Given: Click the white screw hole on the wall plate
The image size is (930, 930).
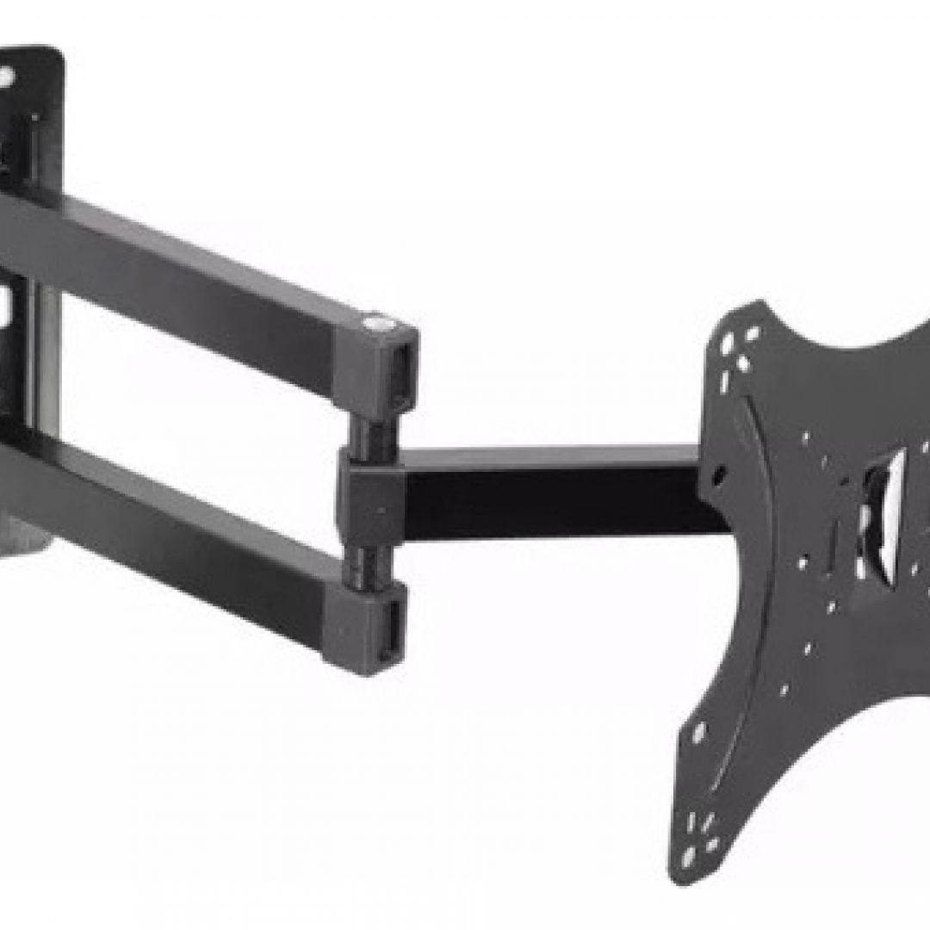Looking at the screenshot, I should pyautogui.click(x=7, y=76).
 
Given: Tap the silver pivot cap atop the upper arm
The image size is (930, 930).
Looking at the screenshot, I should pyautogui.click(x=375, y=324).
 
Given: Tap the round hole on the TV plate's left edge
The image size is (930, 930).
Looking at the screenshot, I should pyautogui.click(x=718, y=473).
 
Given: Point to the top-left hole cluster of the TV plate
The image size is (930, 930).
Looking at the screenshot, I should pyautogui.click(x=737, y=350).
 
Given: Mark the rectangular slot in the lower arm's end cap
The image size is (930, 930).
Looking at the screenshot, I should pyautogui.click(x=392, y=626).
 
